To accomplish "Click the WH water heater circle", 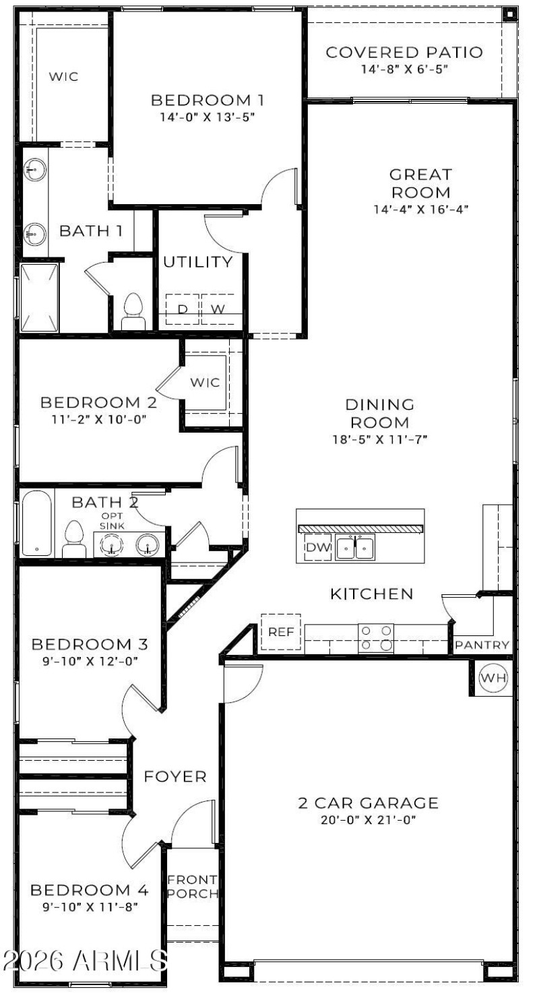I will [493, 679].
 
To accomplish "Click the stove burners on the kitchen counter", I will [376, 637].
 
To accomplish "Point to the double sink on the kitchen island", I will [355, 548].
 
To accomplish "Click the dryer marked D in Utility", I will [182, 309].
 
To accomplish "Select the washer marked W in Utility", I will [218, 309].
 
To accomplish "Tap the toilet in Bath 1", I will [133, 311].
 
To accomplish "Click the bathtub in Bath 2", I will [36, 523].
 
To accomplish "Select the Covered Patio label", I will [404, 53].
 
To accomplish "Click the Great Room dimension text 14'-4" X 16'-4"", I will [421, 210].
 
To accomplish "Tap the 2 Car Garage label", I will [368, 803].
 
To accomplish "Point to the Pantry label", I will [482, 645].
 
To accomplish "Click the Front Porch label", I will [192, 887].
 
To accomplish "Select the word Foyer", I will [175, 777].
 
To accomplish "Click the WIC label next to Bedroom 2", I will [205, 383].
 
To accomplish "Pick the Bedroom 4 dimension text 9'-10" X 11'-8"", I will [89, 906].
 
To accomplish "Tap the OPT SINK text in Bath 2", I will [112, 521].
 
